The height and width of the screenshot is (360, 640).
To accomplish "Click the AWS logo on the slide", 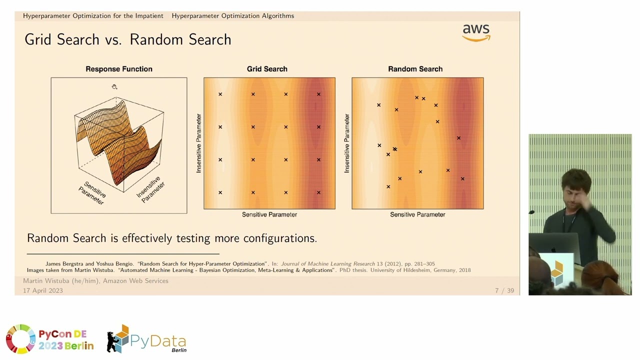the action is tap(476, 33).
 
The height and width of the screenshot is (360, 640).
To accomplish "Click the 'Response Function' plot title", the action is tap(119, 69).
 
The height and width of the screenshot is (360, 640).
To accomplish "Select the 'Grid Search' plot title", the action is tap(267, 69).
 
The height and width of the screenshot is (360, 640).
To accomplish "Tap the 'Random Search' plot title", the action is tap(415, 69).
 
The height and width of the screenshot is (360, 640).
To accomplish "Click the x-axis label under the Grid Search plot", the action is tap(269, 214).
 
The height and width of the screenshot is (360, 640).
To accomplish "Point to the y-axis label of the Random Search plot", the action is tap(347, 143).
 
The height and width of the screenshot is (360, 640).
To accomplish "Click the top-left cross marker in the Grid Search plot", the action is tap(220, 94).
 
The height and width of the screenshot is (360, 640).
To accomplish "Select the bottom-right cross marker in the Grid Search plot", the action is tap(318, 192).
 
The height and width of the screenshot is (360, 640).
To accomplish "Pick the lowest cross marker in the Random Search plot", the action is tap(388, 186).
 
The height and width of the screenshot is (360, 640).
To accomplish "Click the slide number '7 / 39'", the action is tap(504, 290).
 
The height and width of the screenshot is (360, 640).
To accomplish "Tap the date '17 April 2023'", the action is tap(43, 290).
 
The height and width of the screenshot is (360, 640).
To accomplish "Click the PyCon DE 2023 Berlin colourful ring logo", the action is tap(21, 339).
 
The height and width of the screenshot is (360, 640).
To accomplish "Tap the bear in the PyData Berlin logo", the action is tap(113, 341).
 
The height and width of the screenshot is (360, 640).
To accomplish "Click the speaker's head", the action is tap(575, 185).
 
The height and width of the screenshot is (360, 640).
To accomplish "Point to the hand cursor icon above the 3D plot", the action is tap(114, 86).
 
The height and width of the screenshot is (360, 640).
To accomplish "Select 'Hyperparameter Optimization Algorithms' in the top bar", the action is tap(233, 16).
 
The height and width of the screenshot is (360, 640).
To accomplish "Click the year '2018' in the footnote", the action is tap(465, 270).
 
